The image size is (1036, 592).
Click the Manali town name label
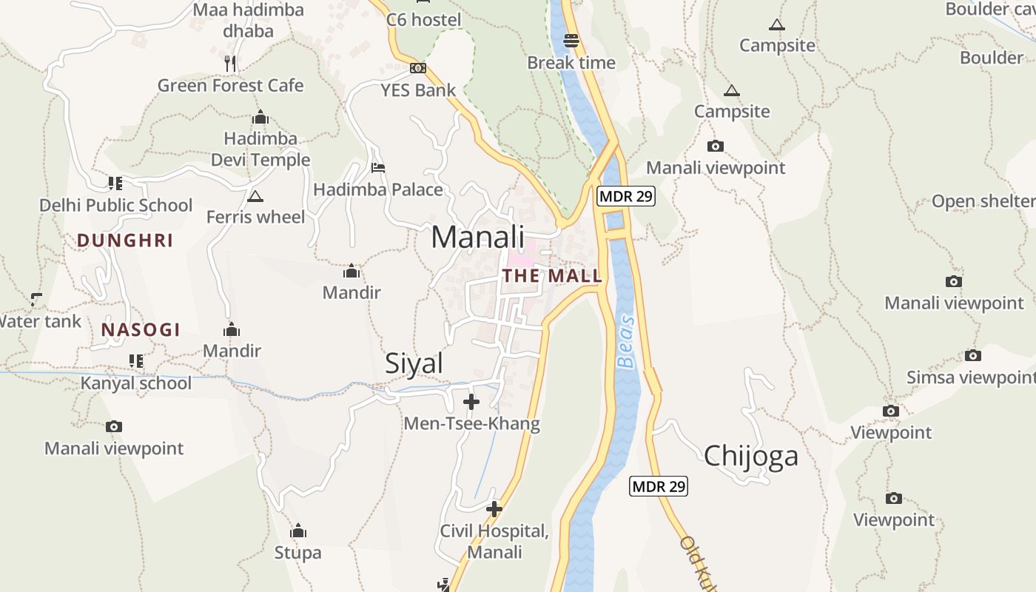point(477,238)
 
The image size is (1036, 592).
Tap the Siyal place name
point(414,363)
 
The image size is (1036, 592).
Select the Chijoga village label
point(751,456)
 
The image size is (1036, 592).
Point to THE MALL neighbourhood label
point(552,276)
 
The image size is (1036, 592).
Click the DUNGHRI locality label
point(125,240)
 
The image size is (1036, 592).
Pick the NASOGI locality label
point(141,330)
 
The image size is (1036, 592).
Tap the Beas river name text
point(626,342)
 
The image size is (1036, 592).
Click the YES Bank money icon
point(418,68)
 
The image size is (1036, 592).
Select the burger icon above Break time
point(571,40)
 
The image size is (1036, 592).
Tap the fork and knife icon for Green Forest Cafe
point(231,64)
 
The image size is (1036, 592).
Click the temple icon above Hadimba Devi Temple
point(260,118)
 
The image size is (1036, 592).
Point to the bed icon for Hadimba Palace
point(378,168)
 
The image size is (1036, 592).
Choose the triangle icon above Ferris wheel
point(255,196)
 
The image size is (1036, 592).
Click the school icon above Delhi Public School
point(115,183)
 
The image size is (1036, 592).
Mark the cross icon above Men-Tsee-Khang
point(471,402)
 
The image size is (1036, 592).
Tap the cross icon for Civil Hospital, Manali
point(494,509)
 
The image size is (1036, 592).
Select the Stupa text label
point(297,553)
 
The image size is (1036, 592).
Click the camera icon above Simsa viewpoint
point(973,356)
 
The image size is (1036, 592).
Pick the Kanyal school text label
point(136,383)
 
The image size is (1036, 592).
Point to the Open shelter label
point(983,201)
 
